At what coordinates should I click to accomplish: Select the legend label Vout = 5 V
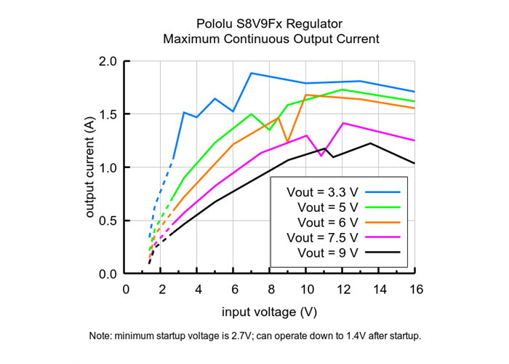tap(328, 207)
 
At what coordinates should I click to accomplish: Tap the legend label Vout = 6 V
tap(328, 222)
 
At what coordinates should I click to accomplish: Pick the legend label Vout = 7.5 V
tap(322, 237)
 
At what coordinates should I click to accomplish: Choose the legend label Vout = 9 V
tap(328, 253)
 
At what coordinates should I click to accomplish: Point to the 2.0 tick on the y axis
tap(108, 61)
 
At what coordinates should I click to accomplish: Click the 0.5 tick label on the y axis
tap(108, 221)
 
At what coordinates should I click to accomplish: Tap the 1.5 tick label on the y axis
tap(108, 114)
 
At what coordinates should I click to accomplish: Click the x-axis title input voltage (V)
tap(269, 312)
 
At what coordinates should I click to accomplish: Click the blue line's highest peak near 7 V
tap(251, 73)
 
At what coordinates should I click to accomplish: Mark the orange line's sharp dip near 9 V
tap(287, 141)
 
